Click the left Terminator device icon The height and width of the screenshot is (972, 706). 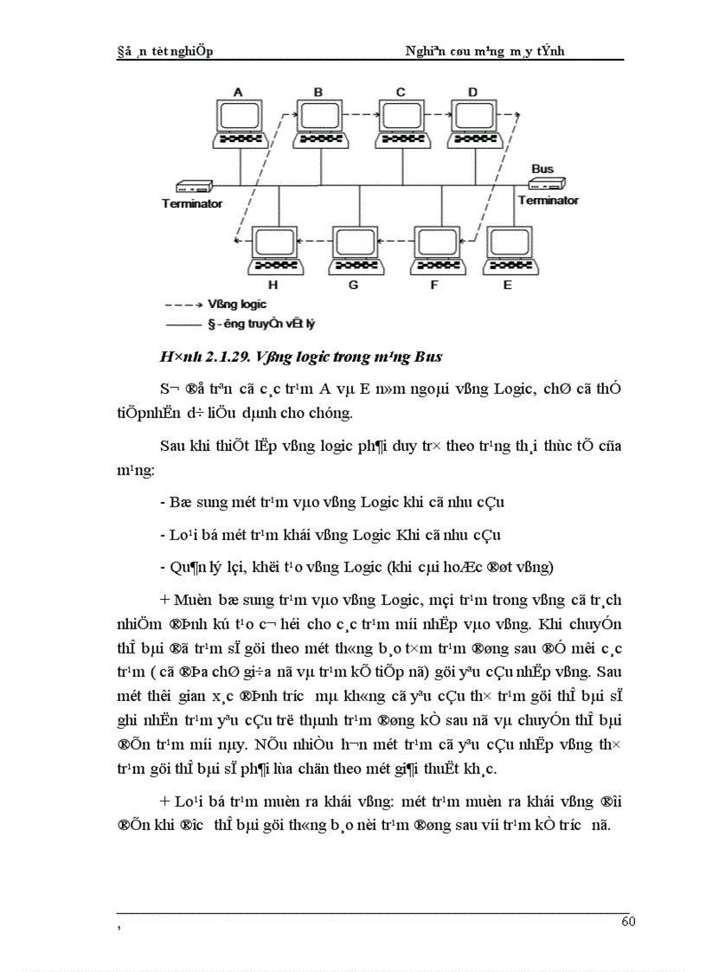pyautogui.click(x=193, y=186)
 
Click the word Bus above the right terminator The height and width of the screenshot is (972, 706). pyautogui.click(x=542, y=169)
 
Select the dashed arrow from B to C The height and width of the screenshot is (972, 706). pyautogui.click(x=359, y=111)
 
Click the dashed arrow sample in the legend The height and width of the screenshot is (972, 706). pyautogui.click(x=183, y=305)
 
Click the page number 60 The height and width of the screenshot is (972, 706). pyautogui.click(x=628, y=921)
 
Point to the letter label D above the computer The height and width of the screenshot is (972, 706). pyautogui.click(x=472, y=91)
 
